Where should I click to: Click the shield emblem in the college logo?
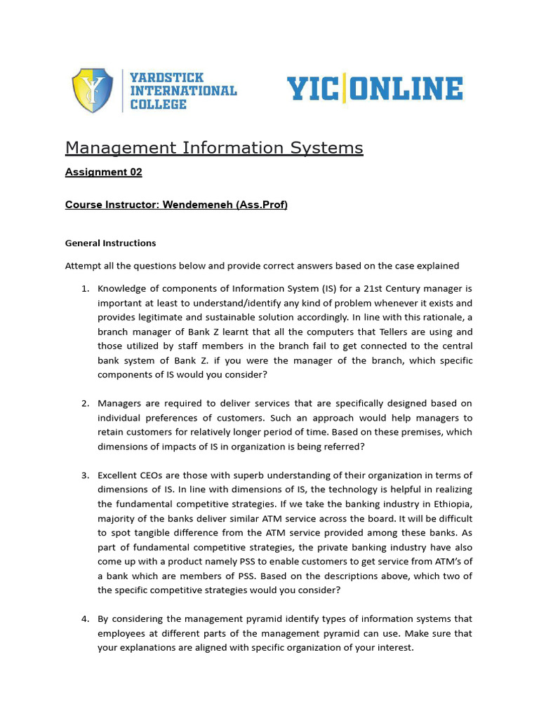click(93, 90)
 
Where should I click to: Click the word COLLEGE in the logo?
click(159, 104)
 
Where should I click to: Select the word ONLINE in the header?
click(406, 90)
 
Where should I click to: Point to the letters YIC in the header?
click(312, 90)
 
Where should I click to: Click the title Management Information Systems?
click(214, 148)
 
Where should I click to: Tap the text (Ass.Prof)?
click(262, 205)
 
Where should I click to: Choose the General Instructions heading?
click(110, 243)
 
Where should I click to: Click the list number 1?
click(84, 288)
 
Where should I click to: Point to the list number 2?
click(84, 403)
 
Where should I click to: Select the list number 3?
click(84, 475)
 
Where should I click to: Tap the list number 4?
click(84, 619)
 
